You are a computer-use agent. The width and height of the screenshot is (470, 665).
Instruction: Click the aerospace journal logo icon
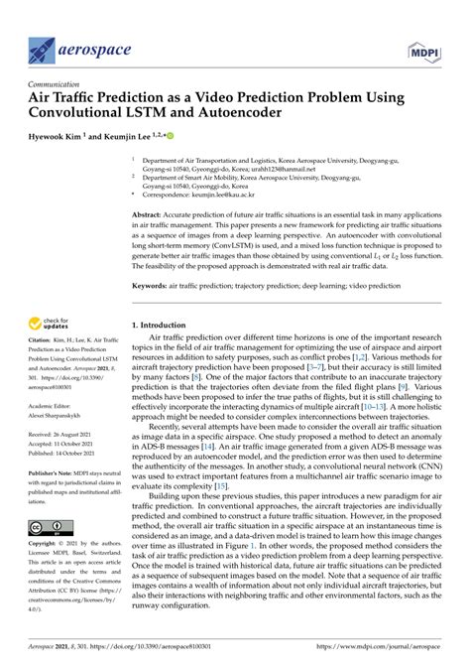(41, 47)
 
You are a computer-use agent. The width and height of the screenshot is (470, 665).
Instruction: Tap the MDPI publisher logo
(423, 48)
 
